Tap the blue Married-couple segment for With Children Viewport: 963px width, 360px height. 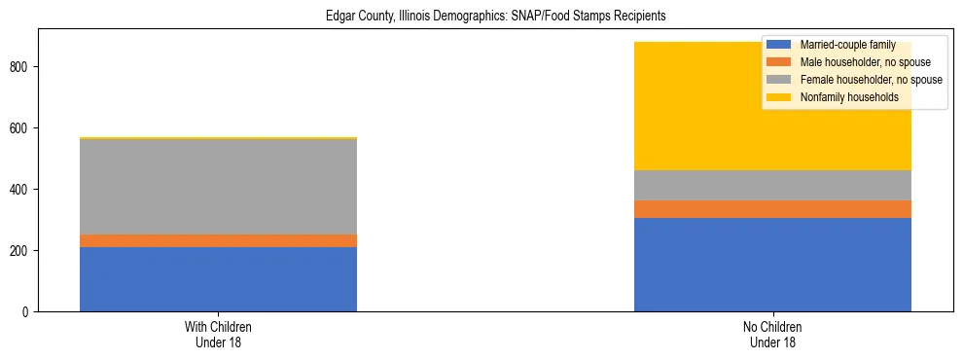tap(218, 279)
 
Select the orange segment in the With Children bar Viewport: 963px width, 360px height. tap(218, 240)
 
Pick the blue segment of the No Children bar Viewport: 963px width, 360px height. tap(772, 265)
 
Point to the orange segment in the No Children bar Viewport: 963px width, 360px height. tap(772, 209)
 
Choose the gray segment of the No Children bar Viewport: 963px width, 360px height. tap(772, 185)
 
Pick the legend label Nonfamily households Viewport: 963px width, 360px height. tap(848, 97)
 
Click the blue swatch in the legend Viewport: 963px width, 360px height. tap(779, 45)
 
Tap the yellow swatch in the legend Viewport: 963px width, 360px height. tap(779, 97)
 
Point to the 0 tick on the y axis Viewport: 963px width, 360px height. tap(28, 312)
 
